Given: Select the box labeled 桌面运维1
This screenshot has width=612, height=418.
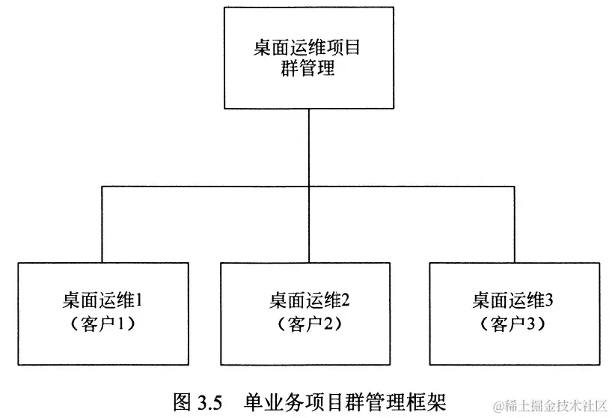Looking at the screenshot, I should tap(100, 313).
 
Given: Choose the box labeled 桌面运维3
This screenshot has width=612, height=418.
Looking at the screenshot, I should tap(515, 313).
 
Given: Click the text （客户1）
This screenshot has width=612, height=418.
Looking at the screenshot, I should tap(101, 325).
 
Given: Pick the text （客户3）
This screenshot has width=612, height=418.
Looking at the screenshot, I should tap(514, 325).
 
